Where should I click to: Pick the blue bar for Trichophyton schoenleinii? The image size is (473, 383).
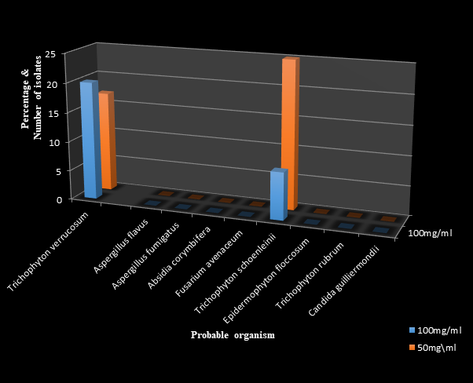pos(277,195)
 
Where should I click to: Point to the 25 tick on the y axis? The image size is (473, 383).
pos(49,54)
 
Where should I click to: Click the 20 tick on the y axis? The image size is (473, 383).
pos(49,84)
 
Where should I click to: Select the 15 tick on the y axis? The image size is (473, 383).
pos(49,113)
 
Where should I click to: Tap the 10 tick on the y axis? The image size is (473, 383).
pos(49,142)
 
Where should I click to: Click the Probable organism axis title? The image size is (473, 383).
pos(233,335)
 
